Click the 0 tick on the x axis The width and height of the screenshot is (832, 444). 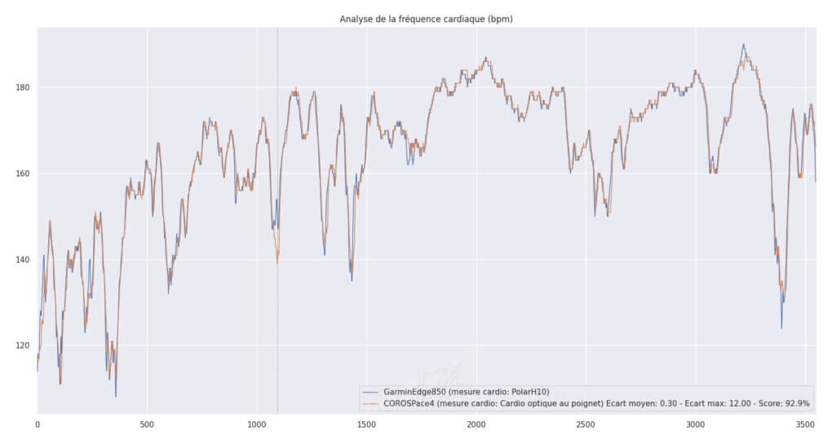[x=38, y=425]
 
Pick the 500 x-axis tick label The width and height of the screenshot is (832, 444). [x=147, y=425]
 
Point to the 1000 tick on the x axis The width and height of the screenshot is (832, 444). [x=257, y=425]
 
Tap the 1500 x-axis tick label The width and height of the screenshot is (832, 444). [x=366, y=425]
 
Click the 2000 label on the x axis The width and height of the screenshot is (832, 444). [x=476, y=425]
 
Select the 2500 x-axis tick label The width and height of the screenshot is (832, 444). [x=586, y=425]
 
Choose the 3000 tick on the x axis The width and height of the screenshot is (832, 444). [x=696, y=425]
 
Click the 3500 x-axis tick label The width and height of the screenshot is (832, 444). [x=805, y=425]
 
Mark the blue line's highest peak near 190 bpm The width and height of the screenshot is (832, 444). [x=743, y=45]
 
